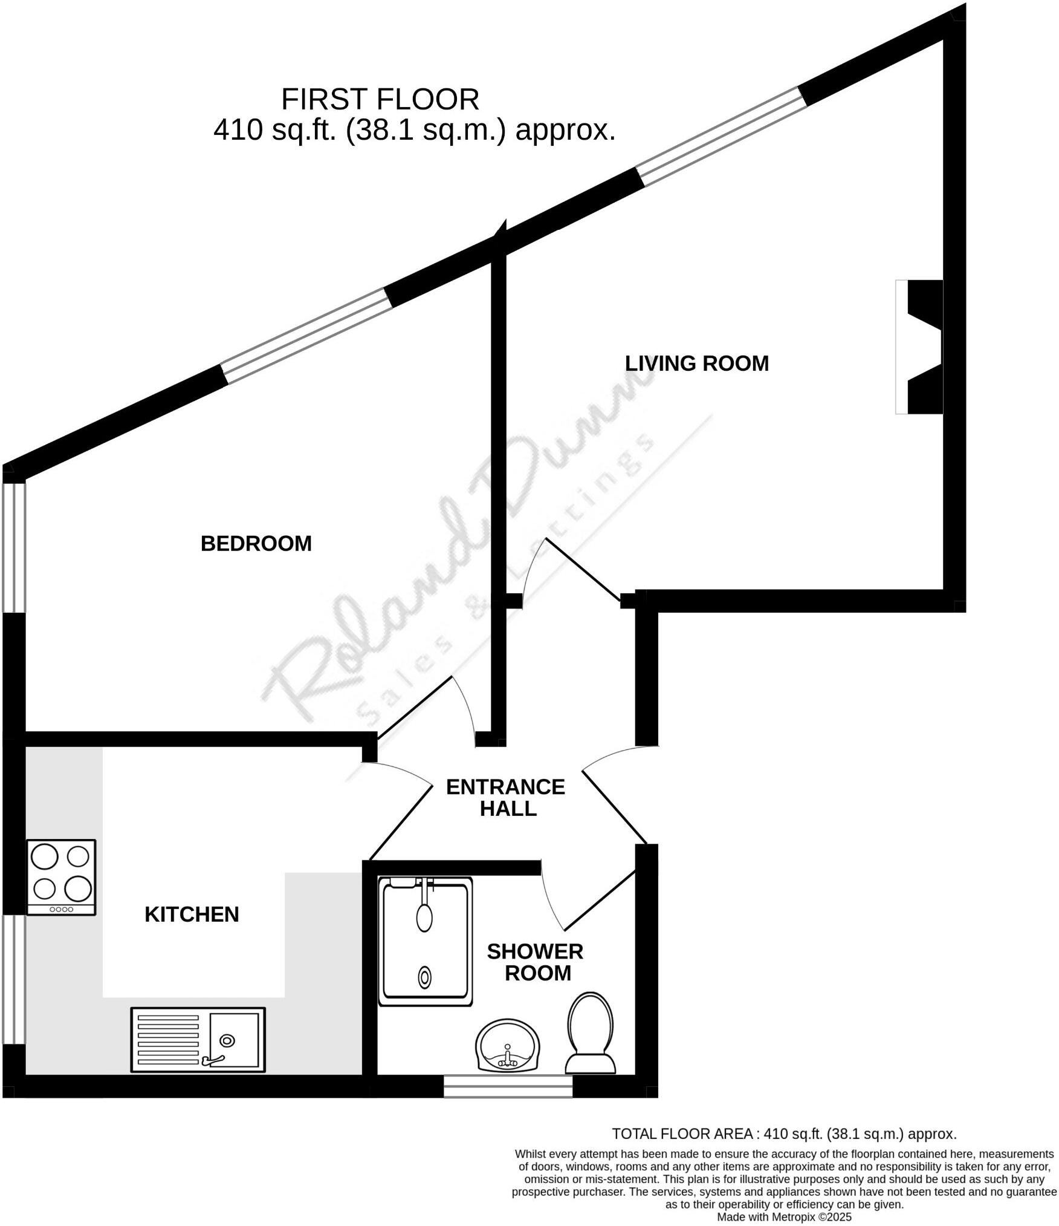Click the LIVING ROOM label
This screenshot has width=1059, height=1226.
(x=696, y=364)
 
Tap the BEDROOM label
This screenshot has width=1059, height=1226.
(x=256, y=544)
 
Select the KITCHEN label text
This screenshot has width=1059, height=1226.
(x=192, y=915)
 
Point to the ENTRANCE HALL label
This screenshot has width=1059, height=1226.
(x=506, y=798)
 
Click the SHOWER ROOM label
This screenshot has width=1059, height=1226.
(x=536, y=962)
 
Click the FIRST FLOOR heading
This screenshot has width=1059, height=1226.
(x=380, y=99)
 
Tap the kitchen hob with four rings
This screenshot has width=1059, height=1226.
(x=61, y=877)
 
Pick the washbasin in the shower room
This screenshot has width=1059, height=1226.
(x=507, y=1046)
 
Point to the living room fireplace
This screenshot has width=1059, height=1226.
(x=920, y=347)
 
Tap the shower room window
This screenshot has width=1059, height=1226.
(x=508, y=1086)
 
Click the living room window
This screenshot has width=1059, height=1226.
(x=722, y=135)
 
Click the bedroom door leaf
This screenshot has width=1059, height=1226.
(x=415, y=706)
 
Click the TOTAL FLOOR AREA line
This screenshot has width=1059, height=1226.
(x=784, y=1134)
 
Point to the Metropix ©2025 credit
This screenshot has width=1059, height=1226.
(x=784, y=1217)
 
